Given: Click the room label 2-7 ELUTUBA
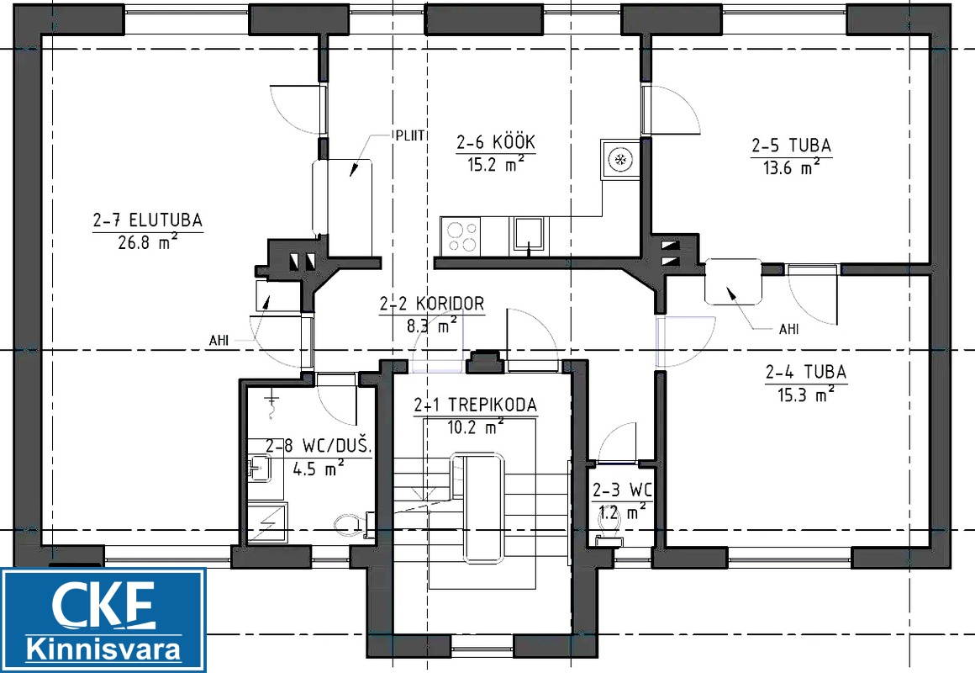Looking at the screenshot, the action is click(148, 220).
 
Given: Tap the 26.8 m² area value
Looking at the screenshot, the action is click(148, 242).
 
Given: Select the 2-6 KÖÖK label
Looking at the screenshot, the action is click(496, 142).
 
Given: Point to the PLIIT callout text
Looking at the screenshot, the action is click(409, 135).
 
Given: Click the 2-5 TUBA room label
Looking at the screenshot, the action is click(791, 146).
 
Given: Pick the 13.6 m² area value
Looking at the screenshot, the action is click(791, 167).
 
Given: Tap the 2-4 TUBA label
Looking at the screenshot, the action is click(806, 373).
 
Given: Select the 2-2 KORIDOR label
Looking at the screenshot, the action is click(431, 304).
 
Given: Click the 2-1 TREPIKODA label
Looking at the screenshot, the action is click(475, 405).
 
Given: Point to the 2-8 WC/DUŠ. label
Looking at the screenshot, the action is click(319, 447).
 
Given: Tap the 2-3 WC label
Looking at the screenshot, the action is click(622, 490).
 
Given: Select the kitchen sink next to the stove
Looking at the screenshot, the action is click(529, 236).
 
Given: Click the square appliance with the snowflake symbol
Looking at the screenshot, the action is click(620, 160).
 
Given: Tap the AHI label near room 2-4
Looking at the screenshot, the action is click(789, 329).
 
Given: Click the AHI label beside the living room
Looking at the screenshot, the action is click(219, 342).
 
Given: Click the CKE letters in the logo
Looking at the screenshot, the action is click(103, 605).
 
